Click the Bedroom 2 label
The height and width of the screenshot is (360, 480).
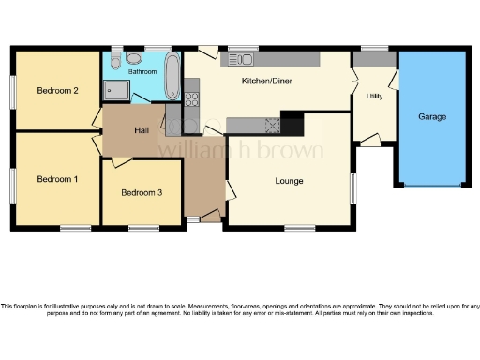coord(56,91)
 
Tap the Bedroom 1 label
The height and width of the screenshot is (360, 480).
coord(56,178)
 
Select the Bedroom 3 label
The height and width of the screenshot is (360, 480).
coord(142,192)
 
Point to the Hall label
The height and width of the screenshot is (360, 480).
coord(142,129)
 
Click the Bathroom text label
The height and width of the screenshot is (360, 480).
coord(142,71)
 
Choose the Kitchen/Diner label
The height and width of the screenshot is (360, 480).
coord(267,82)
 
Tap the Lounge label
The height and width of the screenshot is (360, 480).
coord(289,180)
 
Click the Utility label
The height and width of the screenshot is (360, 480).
coord(374,96)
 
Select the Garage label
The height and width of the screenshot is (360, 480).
coord(432,117)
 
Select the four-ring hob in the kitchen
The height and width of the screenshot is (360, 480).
coord(274,123)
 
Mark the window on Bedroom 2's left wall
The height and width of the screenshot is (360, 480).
coord(14,91)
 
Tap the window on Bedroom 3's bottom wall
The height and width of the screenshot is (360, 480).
coord(142,227)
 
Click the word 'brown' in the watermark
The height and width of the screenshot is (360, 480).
coord(292,151)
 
